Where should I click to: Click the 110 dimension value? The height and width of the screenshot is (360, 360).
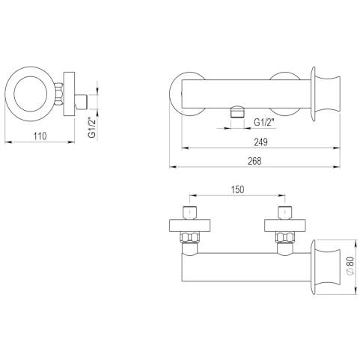[x=40, y=136]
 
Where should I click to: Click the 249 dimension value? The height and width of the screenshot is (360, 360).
[x=260, y=142]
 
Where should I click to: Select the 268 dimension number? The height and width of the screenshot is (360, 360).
[x=254, y=161]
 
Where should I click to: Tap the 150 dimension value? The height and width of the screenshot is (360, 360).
[x=237, y=189]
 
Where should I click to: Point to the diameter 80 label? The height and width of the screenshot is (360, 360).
[x=350, y=266]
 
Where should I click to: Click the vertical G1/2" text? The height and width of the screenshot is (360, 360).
[x=92, y=129]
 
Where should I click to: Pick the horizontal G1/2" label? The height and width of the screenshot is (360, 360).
[x=264, y=123]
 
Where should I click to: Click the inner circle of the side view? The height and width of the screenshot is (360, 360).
[x=31, y=94]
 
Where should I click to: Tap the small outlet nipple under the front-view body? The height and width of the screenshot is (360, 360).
[x=237, y=112]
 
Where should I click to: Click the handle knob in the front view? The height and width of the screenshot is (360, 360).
[x=326, y=94]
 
